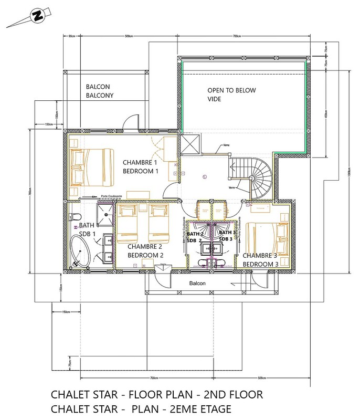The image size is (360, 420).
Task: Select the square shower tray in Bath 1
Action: [105, 213]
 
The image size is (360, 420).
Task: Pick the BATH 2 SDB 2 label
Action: [196, 236]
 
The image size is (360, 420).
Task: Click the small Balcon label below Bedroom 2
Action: [197, 283]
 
